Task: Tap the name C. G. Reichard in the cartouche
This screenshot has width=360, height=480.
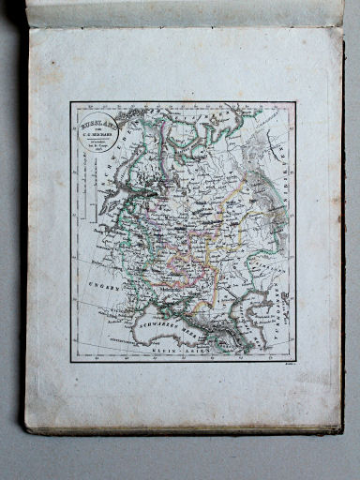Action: tap(97, 134)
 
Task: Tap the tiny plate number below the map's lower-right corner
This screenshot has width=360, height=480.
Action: tap(287, 367)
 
